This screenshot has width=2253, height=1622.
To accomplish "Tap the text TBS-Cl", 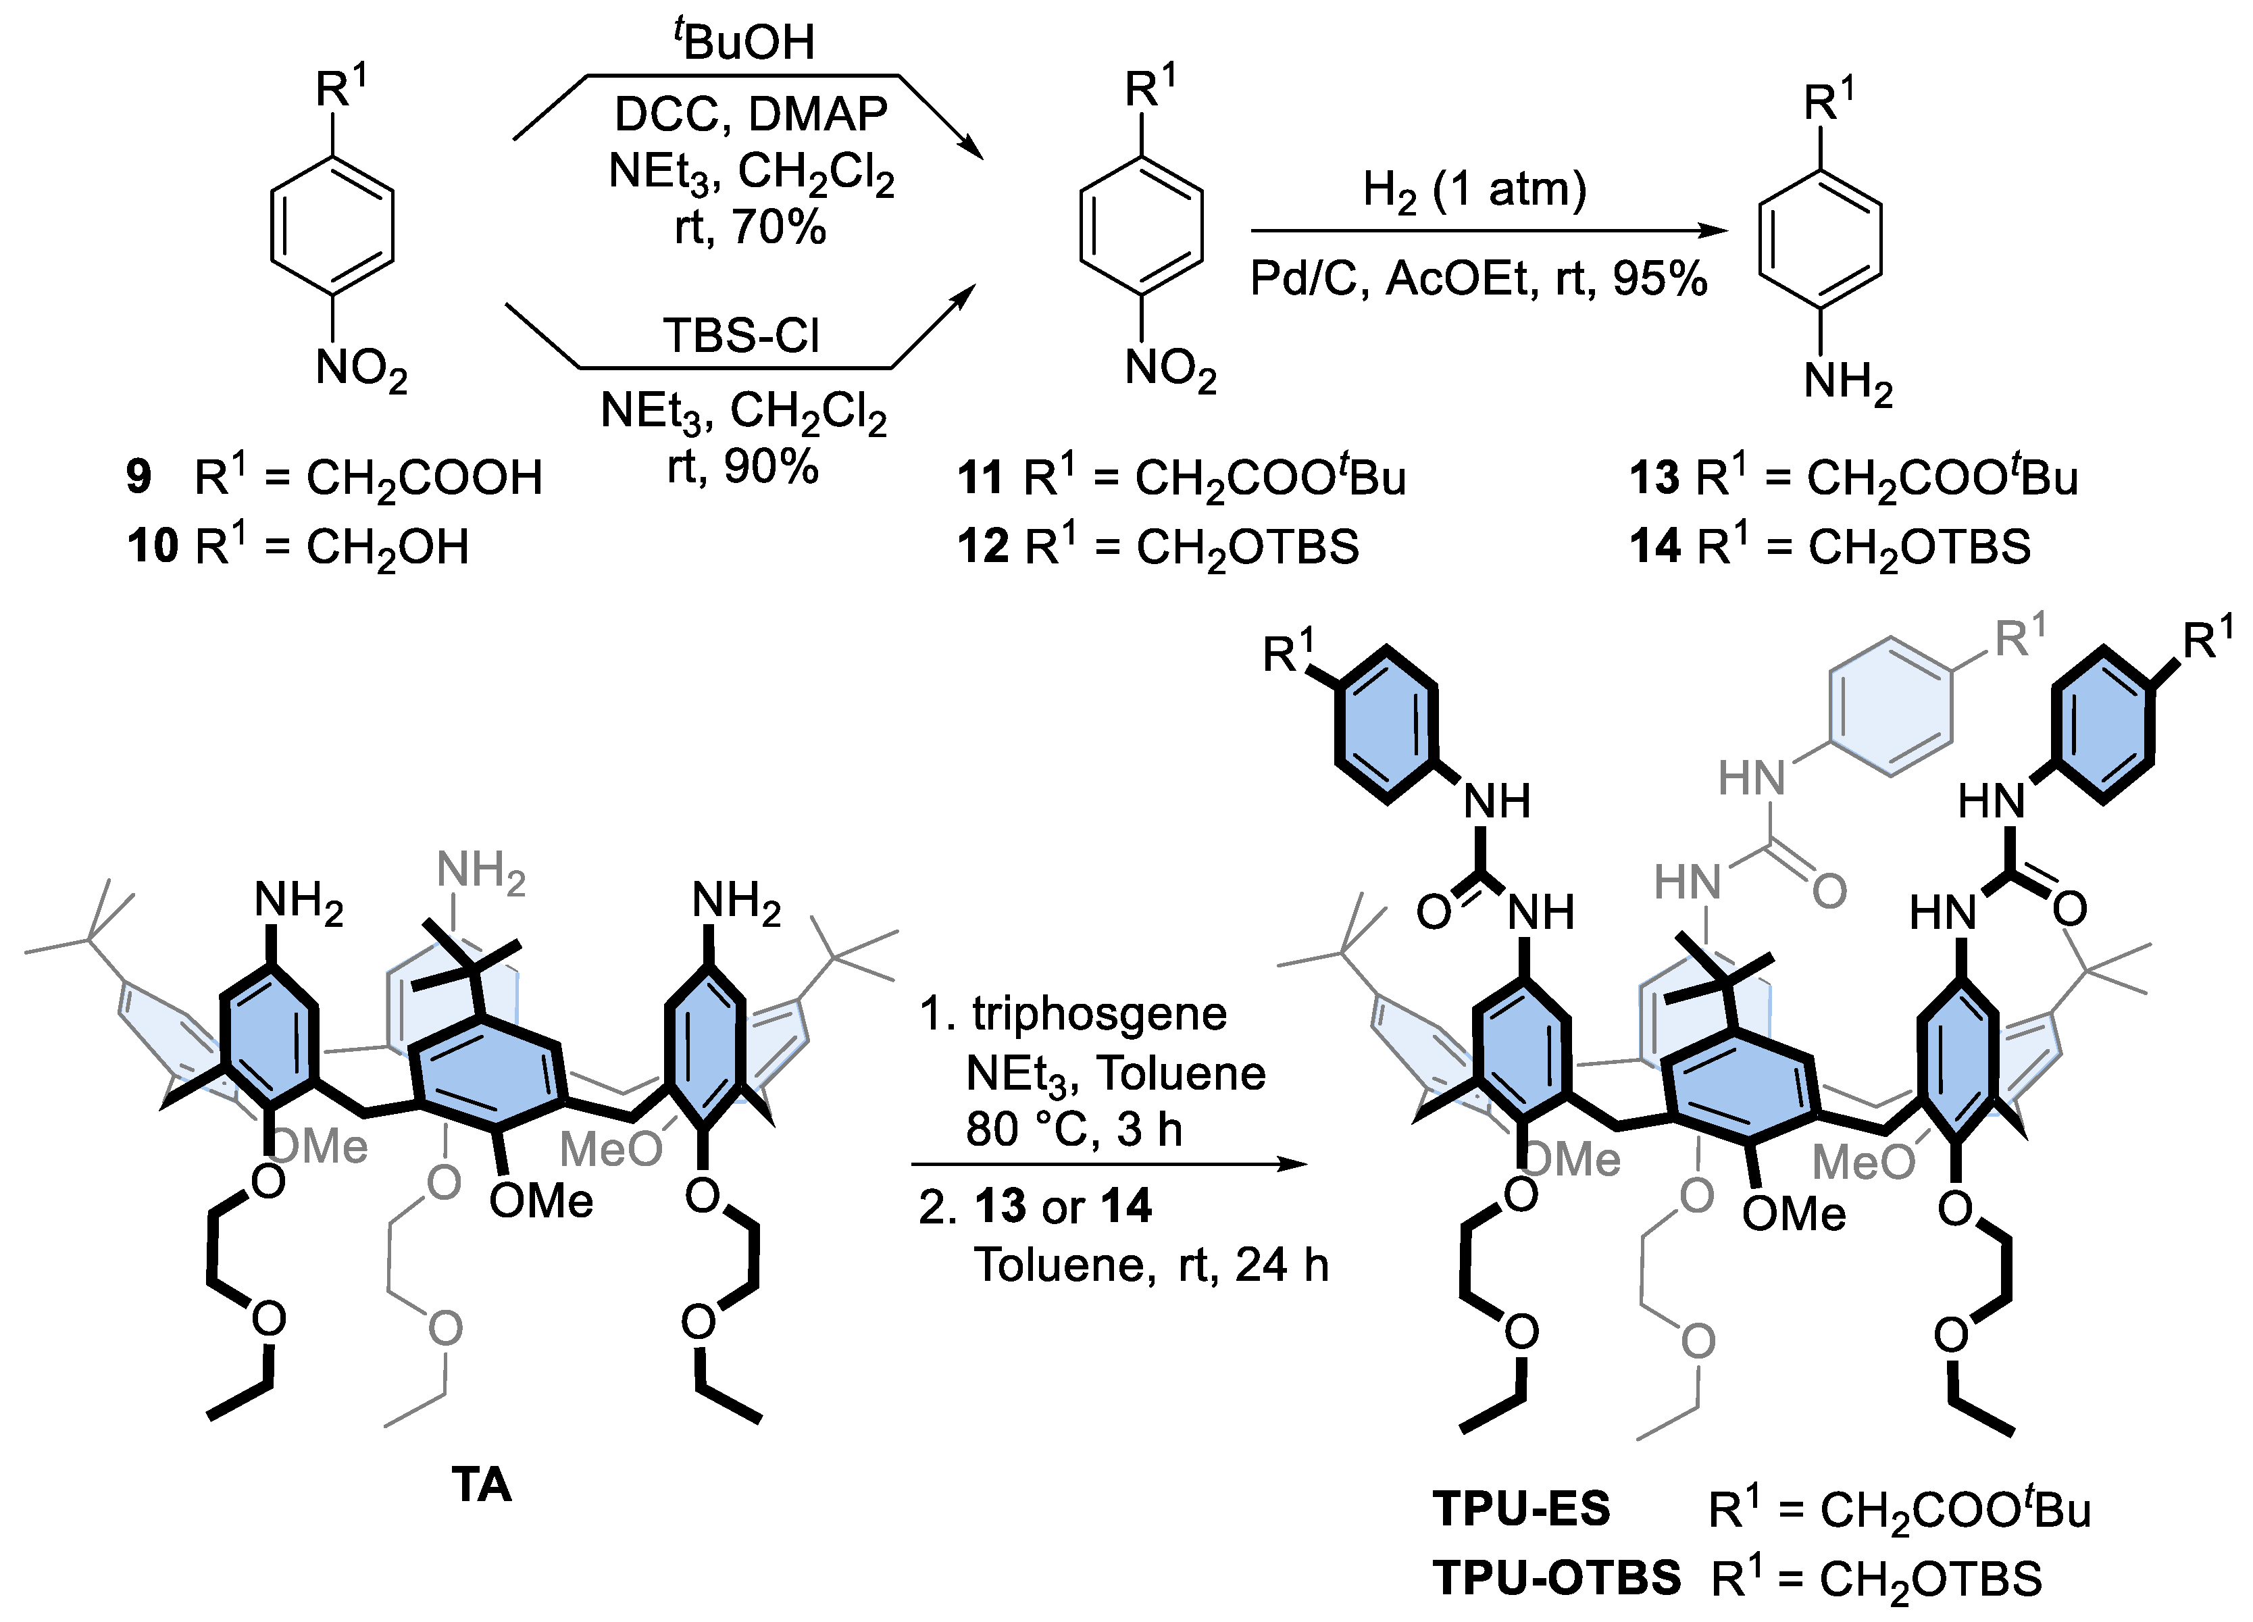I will click(x=741, y=336).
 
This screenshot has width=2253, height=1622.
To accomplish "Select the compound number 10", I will click(x=152, y=547).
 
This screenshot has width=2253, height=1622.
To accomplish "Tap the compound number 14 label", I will click(x=1655, y=547).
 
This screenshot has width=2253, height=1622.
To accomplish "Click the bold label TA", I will click(x=482, y=1485).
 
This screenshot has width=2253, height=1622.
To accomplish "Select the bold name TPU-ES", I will click(x=1521, y=1509).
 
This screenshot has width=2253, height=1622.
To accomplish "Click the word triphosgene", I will click(x=1098, y=1013).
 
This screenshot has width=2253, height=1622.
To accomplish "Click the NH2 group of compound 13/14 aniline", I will click(x=1848, y=382).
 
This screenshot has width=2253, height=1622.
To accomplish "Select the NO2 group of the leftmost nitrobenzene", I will click(x=361, y=370).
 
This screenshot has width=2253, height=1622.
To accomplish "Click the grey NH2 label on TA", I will click(x=481, y=872).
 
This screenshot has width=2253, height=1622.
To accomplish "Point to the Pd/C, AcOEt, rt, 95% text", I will click(x=1478, y=279).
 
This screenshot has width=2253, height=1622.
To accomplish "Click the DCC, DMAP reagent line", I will click(x=750, y=114).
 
